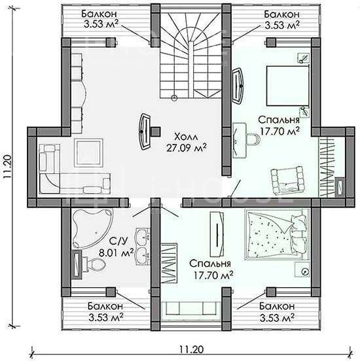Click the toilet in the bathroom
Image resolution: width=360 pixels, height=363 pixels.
pos(93,264)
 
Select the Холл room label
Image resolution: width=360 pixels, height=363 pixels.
pos(186,137)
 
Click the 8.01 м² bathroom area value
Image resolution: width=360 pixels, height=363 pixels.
pos(117,252)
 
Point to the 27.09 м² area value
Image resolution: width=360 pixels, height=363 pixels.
pos(187,148)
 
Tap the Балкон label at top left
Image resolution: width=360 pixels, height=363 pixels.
pos(99,14)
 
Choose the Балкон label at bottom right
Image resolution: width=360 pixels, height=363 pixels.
pos(277,306)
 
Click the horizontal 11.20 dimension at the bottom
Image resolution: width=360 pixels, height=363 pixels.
pos(191,349)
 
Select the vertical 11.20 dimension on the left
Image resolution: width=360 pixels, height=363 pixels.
pos(7,166)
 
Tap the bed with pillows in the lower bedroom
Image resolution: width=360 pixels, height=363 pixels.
pos(277,234)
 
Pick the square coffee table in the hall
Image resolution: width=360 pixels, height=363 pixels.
pos(88,153)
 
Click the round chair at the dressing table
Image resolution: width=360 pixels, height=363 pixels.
pos(254,139)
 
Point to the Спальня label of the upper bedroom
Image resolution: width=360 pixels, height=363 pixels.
pos(279,120)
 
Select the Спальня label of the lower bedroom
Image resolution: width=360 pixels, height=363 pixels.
pos(210,264)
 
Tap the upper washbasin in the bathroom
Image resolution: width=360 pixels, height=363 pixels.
pos(142,237)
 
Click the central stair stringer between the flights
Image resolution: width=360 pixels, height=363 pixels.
pos(190,69)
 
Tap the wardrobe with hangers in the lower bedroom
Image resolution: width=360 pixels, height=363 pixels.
pos(168,263)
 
